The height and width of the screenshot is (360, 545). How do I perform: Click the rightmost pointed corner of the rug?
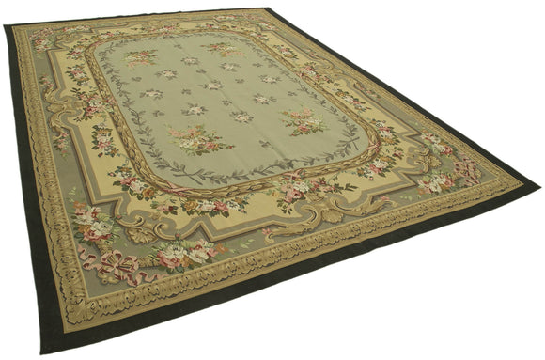539,185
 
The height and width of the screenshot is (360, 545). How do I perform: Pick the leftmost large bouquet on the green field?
141,57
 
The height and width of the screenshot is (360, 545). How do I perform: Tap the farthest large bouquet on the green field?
224,47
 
